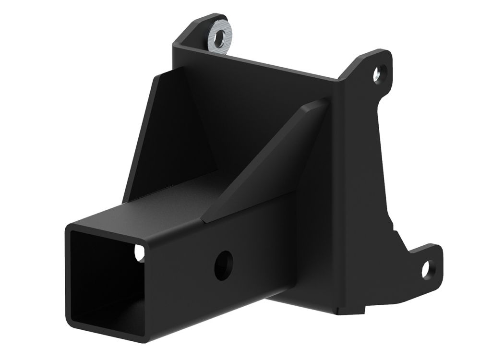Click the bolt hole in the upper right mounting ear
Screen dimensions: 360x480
click(380, 72)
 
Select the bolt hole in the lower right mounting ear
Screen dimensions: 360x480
click(427, 268)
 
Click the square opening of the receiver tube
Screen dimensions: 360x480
click(106, 278)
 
